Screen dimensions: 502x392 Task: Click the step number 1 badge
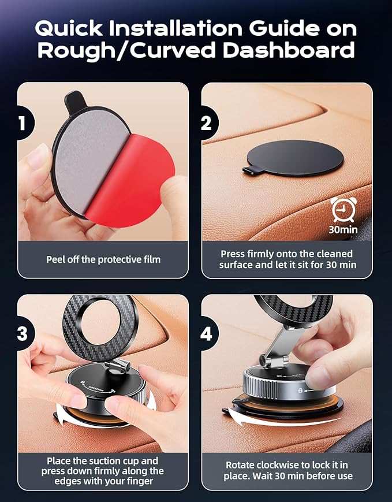point(22,123)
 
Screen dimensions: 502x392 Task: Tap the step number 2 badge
point(206,123)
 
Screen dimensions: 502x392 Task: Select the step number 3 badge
point(22,334)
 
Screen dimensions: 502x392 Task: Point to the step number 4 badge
point(206,334)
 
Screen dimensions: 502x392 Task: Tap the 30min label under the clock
point(344,229)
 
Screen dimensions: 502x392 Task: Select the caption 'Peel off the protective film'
point(103,259)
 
